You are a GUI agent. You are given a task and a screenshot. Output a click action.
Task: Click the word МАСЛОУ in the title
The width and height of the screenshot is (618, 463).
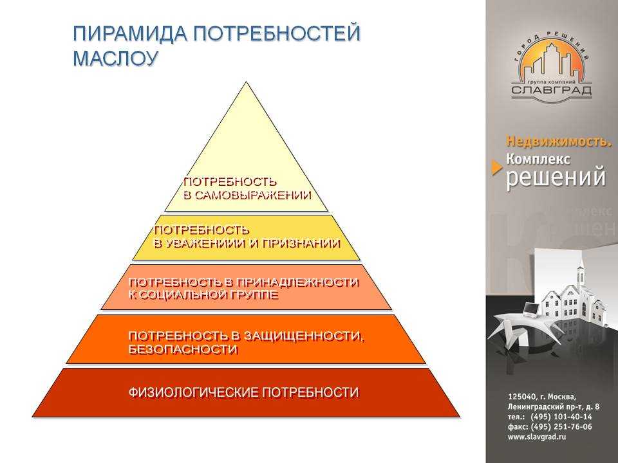(x=115, y=58)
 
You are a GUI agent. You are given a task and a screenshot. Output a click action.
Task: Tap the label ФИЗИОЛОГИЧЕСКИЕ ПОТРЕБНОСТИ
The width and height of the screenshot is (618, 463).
(x=243, y=392)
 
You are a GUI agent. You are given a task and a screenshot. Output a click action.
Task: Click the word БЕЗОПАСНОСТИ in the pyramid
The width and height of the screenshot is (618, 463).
(x=183, y=350)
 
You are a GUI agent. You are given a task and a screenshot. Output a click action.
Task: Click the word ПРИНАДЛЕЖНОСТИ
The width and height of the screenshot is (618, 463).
(x=297, y=283)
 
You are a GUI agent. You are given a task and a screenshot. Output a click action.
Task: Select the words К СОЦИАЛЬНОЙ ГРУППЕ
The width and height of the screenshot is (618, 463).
(x=203, y=295)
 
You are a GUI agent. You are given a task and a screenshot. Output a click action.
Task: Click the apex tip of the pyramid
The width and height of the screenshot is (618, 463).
(x=247, y=82)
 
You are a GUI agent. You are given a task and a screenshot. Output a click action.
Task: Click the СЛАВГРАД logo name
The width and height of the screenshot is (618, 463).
(x=552, y=90)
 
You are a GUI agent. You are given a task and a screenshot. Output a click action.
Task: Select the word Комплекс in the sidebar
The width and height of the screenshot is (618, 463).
(x=538, y=159)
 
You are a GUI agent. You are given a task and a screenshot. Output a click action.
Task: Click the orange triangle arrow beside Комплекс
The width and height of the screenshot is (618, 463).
(x=497, y=168)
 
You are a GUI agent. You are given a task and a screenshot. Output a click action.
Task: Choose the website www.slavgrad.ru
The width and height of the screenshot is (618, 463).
(x=537, y=437)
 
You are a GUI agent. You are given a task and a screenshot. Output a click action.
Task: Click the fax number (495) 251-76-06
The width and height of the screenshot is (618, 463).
(x=561, y=427)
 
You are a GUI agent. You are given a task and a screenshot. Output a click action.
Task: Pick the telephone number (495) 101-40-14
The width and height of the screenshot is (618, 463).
(x=561, y=417)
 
